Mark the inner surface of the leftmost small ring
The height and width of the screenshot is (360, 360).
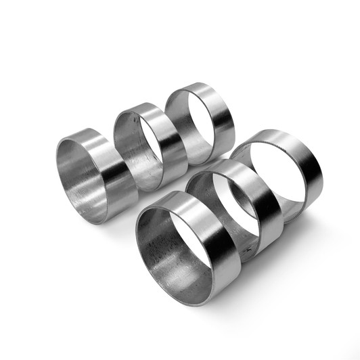click(x=78, y=183)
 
